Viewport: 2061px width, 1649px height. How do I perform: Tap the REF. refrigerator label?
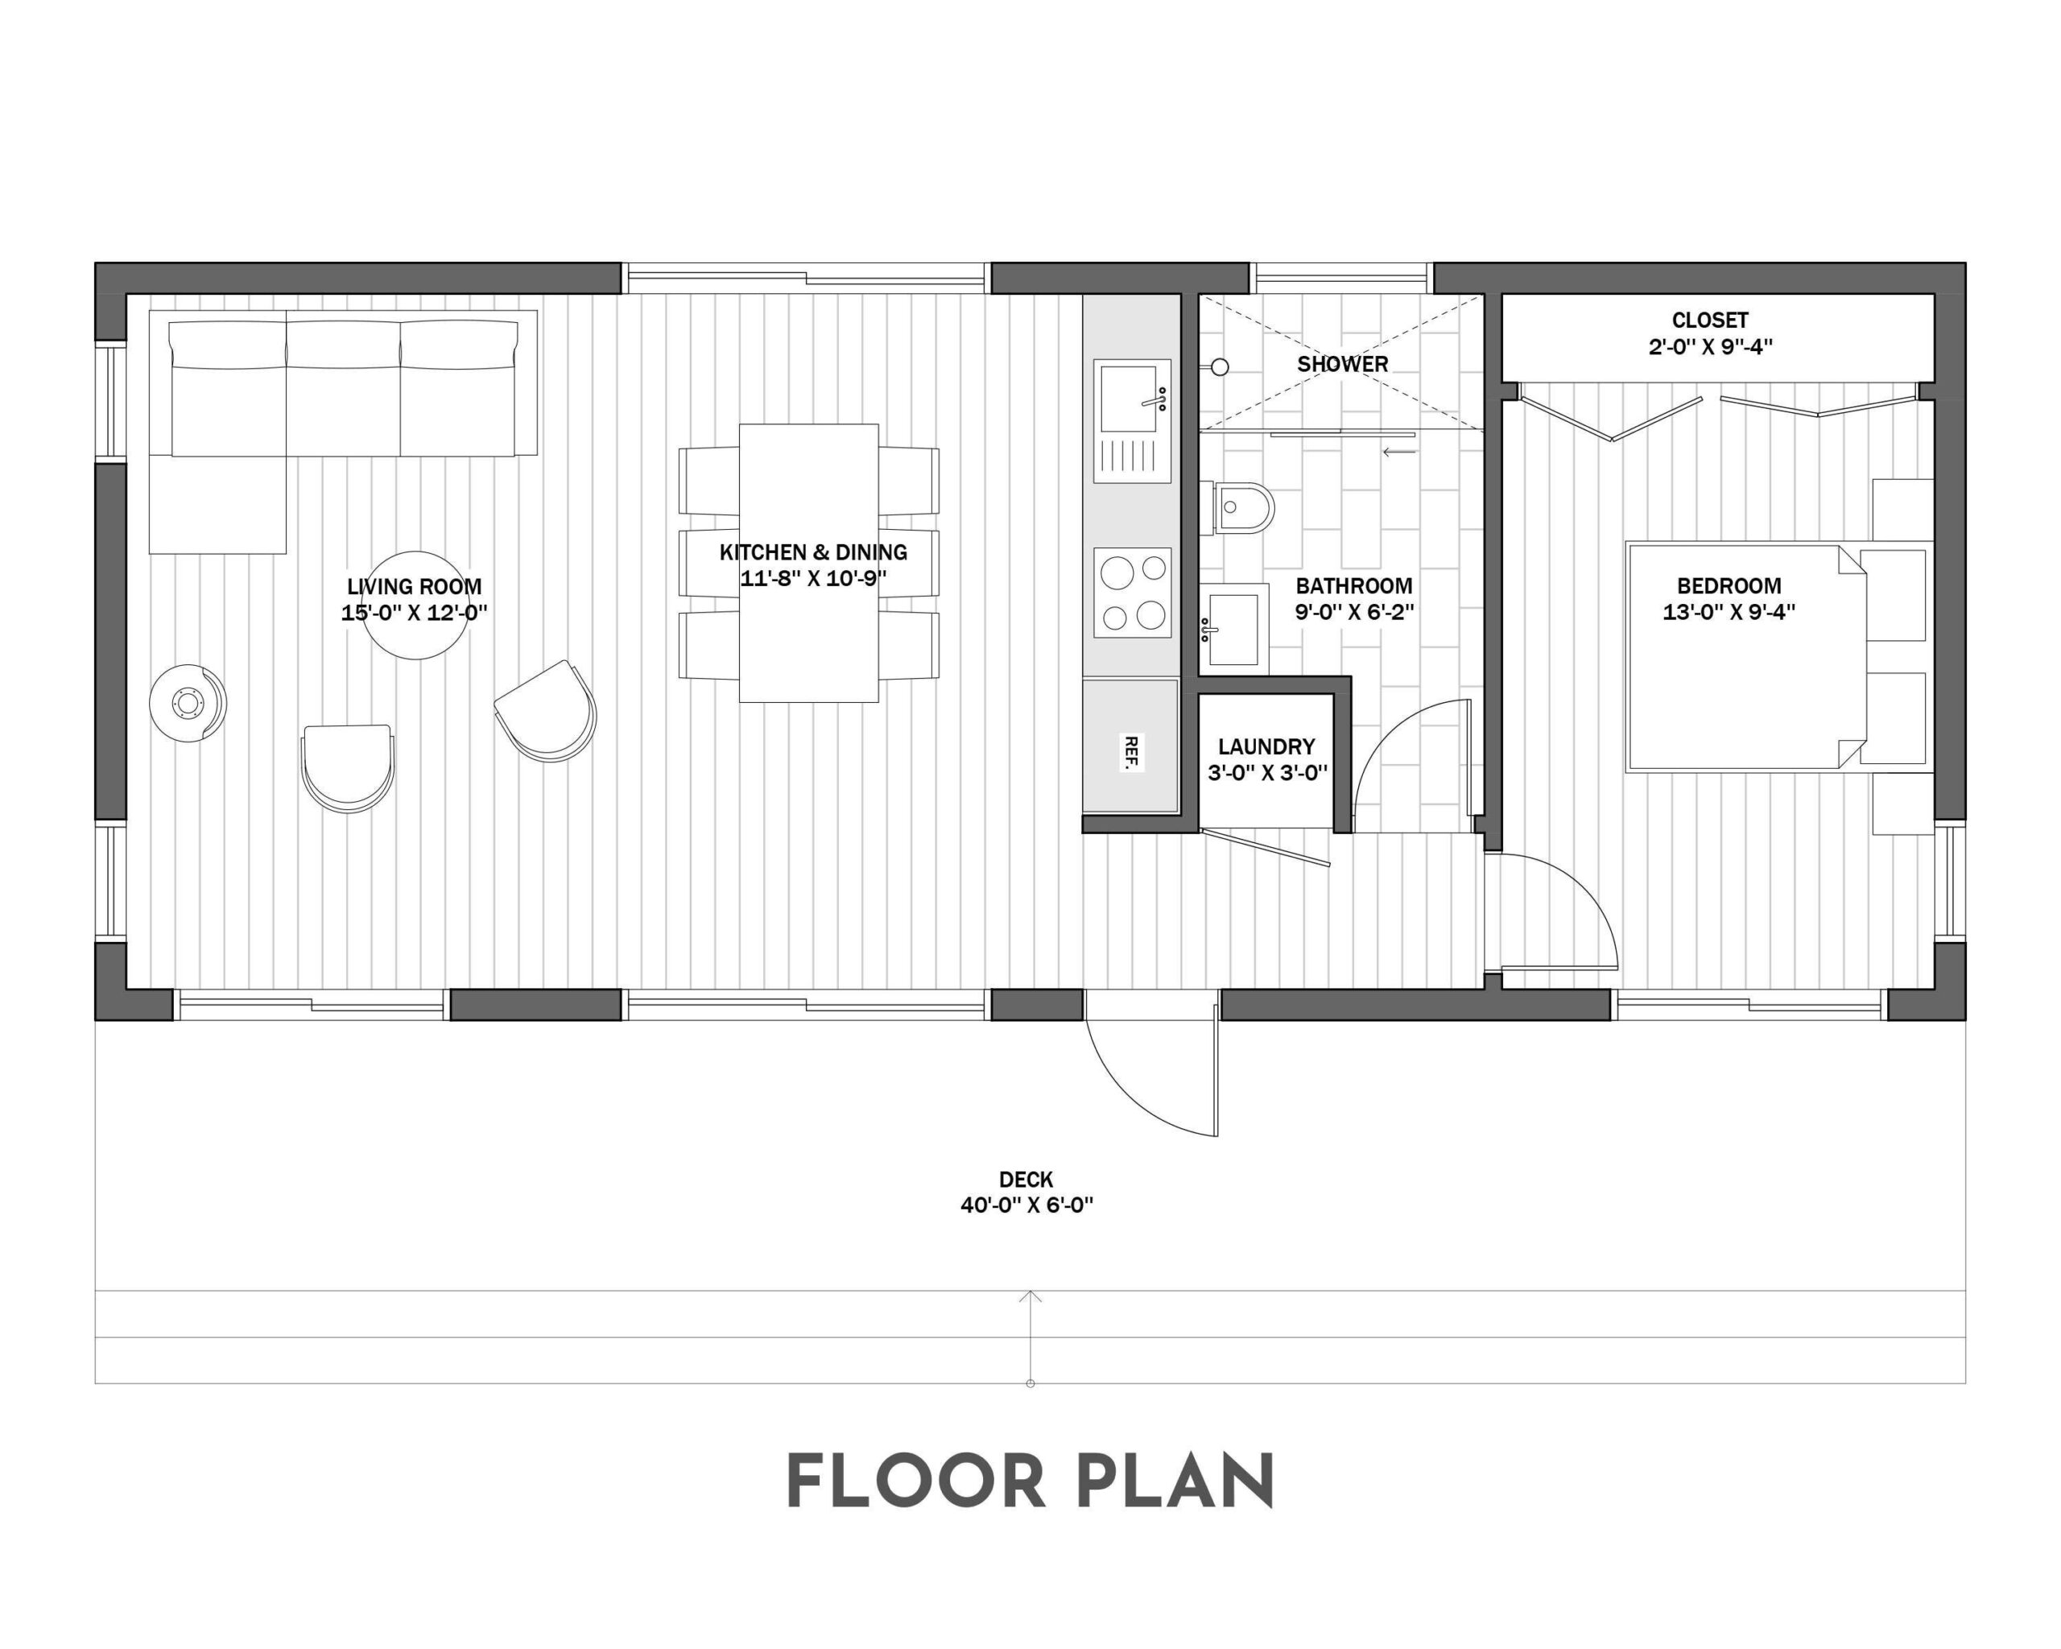tap(1131, 752)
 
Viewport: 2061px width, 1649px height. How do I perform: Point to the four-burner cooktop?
tap(1133, 593)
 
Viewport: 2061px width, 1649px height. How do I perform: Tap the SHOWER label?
tap(1342, 364)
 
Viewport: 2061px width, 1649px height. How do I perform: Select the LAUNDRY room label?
tap(1266, 746)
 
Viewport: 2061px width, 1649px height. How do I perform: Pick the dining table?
tap(809, 564)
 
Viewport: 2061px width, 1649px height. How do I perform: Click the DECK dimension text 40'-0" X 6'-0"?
tap(1026, 1205)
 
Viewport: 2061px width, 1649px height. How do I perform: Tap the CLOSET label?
tap(1709, 320)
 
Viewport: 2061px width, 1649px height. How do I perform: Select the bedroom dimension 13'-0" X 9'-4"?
tap(1729, 612)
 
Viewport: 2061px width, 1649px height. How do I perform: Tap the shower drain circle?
tap(1220, 366)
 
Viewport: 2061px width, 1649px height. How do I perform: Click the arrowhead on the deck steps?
tap(1030, 1296)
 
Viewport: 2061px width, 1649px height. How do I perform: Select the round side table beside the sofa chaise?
tap(188, 704)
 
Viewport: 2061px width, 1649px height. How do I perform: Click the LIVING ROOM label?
tap(414, 587)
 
